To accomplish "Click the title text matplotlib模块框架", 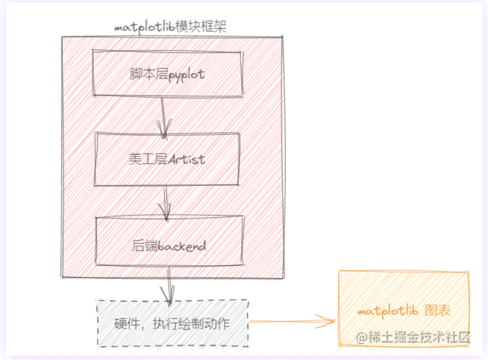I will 170,27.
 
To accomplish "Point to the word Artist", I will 187,159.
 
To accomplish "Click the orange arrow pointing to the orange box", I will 291,322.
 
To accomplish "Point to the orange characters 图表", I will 438,311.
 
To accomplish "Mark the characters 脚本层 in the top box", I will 141,74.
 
